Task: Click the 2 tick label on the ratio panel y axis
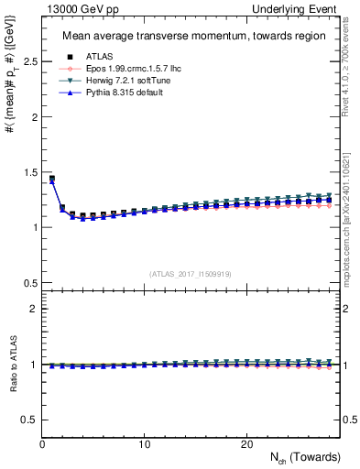35,309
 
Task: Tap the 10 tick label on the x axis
145,444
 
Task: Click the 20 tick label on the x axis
245,444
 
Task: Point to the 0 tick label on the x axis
43,444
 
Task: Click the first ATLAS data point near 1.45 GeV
52,178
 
